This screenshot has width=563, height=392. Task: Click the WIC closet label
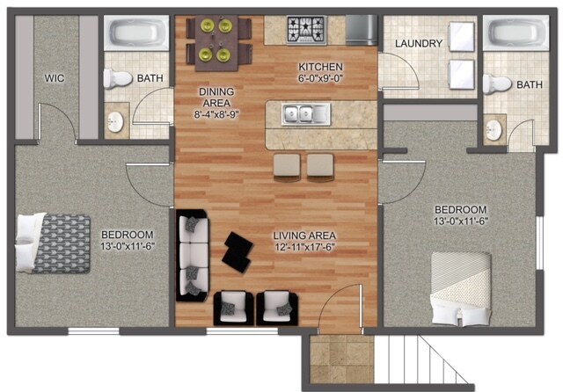click(x=54, y=78)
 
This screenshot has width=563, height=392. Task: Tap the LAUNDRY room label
click(x=417, y=43)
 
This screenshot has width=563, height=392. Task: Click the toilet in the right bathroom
click(x=499, y=84)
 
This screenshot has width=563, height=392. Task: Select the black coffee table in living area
click(x=238, y=250)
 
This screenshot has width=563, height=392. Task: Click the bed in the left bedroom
click(x=53, y=242)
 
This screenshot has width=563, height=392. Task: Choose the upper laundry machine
click(x=460, y=38)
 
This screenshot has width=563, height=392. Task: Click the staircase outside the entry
click(x=413, y=363)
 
